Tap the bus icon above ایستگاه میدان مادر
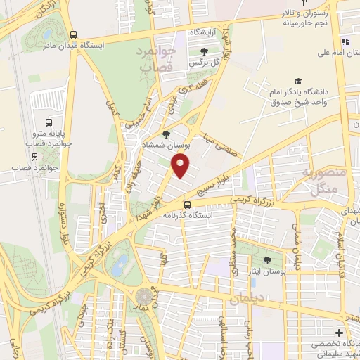pos(75,34)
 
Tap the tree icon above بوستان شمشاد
pos(166,134)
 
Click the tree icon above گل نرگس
pos(204,51)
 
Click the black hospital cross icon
pos(340,332)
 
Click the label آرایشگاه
pos(205,33)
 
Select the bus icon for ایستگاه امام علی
pos(346,41)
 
